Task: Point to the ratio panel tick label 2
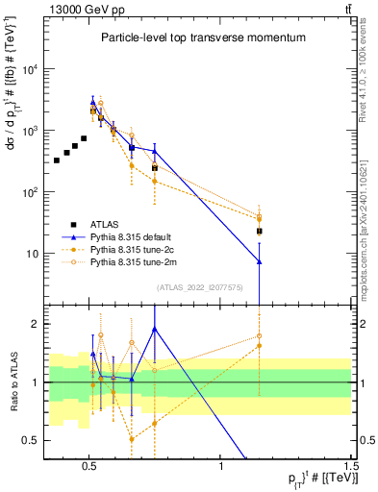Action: point(36,324)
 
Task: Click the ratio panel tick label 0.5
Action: point(32,440)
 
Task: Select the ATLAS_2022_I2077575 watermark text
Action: point(199,286)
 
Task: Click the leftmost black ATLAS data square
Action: point(57,160)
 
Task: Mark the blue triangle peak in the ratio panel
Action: point(155,329)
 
